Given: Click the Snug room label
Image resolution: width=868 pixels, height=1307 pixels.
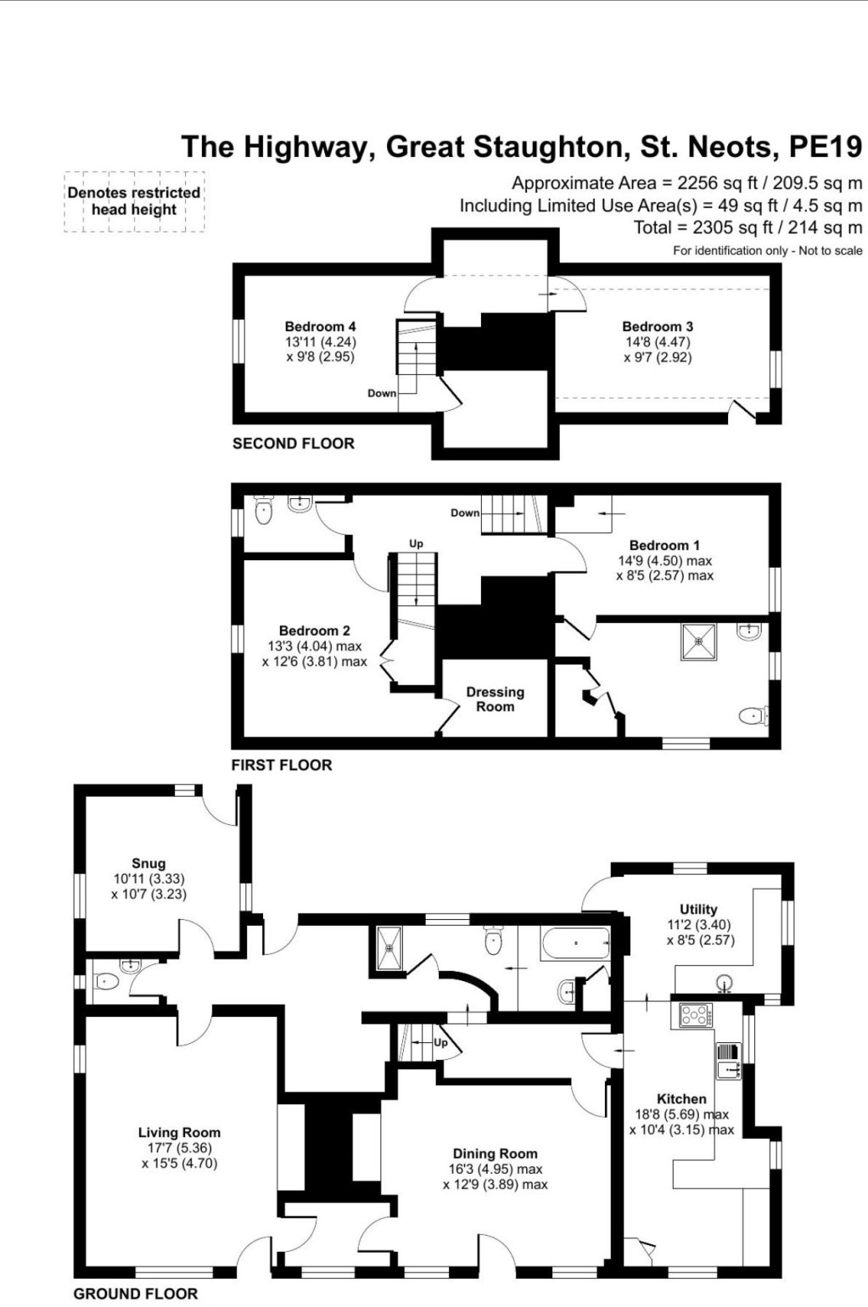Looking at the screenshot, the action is [148, 863].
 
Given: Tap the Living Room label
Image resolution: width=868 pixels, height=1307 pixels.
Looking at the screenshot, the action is [180, 1132].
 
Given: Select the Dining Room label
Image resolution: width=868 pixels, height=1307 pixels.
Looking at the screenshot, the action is [496, 1153].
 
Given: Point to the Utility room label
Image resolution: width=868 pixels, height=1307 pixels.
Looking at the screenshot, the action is [698, 909].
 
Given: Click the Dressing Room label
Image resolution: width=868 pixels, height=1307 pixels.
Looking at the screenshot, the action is [496, 699].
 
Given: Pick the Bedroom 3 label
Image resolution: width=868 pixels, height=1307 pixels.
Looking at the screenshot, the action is [658, 326].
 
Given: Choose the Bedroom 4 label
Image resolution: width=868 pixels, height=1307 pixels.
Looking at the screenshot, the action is [320, 326].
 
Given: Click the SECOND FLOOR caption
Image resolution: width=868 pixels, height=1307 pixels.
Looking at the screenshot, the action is [294, 443].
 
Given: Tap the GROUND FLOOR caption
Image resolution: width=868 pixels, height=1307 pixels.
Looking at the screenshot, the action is [136, 1293].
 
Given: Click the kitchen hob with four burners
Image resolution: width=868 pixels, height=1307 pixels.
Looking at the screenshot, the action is [695, 1014].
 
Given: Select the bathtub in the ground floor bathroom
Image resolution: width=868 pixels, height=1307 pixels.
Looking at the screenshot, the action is [575, 944].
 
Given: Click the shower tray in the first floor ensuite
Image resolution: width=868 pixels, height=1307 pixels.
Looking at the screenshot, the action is [698, 642].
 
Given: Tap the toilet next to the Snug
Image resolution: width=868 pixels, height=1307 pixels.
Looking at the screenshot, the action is [107, 982].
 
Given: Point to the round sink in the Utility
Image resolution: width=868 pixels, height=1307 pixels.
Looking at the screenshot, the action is [724, 981].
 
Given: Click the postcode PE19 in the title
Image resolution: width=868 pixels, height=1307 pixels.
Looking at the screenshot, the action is [825, 147].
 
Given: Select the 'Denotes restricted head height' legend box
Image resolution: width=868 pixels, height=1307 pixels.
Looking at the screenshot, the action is [134, 201].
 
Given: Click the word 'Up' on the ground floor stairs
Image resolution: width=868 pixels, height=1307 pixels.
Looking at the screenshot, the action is [440, 1042].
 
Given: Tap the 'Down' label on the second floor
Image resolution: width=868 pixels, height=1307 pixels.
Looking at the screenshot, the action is [382, 393].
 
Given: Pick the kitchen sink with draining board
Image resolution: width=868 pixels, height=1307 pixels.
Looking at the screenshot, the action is [729, 1061].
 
